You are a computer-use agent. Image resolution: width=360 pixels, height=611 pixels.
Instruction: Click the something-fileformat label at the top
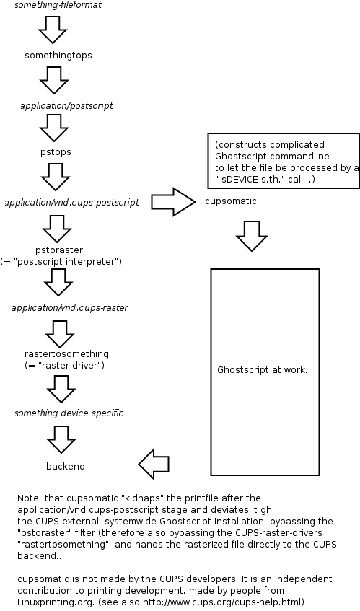58,5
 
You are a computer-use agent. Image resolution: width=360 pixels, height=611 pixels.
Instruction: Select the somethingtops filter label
58,55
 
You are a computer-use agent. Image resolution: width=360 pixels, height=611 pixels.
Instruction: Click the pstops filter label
56,152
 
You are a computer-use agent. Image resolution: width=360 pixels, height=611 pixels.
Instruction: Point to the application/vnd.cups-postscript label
71,202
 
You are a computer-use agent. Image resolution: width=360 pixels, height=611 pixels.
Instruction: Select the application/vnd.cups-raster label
70,307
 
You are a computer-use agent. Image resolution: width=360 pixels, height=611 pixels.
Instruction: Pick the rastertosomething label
66,354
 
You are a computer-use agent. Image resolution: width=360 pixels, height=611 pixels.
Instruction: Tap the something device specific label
69,413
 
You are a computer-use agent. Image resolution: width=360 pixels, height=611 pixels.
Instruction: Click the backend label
66,466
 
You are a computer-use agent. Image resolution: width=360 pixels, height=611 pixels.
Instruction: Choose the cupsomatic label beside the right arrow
230,201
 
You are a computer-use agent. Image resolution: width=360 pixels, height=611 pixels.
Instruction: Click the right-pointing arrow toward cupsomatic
174,201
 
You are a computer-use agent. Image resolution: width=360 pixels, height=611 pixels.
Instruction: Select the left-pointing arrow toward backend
154,464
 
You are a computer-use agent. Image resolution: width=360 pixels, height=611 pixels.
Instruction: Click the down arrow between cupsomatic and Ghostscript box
253,236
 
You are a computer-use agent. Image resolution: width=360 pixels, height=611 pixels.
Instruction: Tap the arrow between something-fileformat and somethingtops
52,30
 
